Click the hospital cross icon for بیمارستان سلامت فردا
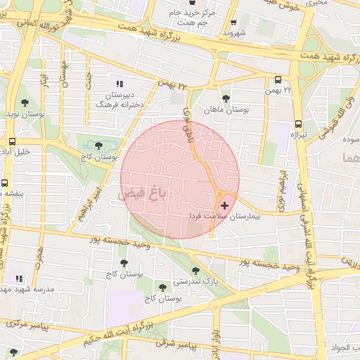(x=224, y=206)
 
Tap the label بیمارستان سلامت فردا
(x=224, y=217)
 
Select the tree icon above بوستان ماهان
(x=226, y=99)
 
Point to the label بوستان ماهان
(x=226, y=110)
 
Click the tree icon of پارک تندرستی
(x=195, y=270)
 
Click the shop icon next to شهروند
(x=233, y=22)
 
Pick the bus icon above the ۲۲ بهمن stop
(x=278, y=79)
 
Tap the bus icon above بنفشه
(x=5, y=183)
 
